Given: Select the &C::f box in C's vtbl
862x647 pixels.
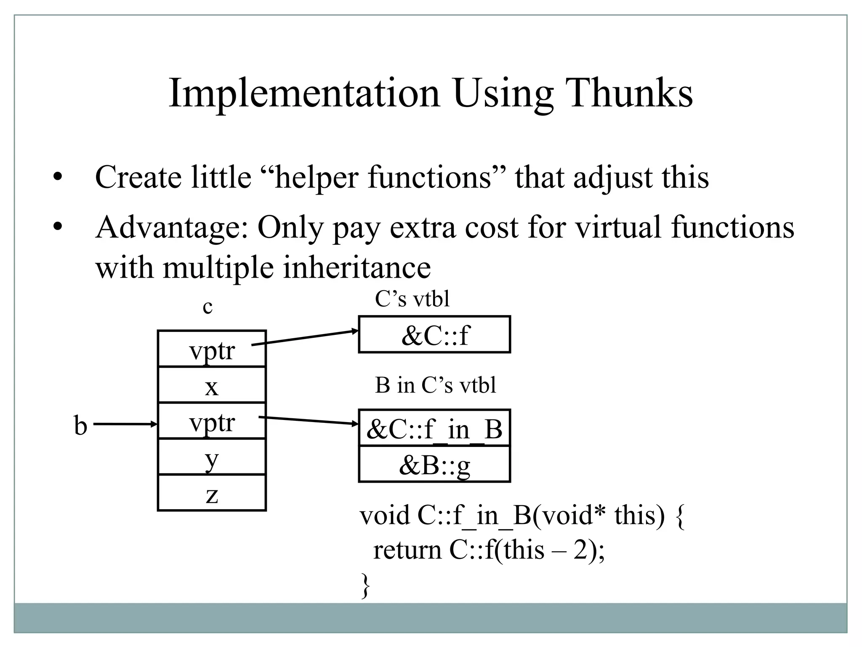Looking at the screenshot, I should (434, 335).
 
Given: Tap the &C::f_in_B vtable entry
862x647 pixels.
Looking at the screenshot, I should (434, 428).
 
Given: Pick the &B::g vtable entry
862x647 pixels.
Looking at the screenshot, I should (434, 465).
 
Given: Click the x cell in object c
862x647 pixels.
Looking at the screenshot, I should (212, 385).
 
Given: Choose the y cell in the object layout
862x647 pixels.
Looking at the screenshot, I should (212, 457).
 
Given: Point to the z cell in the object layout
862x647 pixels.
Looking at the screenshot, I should (212, 493).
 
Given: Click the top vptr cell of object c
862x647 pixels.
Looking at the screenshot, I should (212, 349).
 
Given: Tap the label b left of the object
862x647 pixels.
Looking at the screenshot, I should (80, 425).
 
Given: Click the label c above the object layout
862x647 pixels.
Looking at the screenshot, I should (208, 307).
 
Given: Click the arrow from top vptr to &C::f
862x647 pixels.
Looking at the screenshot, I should (305, 338).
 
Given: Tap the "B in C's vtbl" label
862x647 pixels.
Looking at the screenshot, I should (435, 385).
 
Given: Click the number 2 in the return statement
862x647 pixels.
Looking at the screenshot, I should (580, 550).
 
